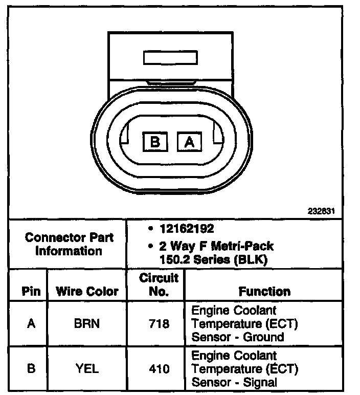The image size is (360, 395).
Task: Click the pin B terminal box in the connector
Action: [155, 142]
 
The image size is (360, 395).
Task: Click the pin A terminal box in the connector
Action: [189, 142]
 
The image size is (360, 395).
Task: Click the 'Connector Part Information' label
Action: [69, 244]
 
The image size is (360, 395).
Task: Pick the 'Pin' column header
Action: [31, 291]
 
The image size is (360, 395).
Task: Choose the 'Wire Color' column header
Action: [87, 291]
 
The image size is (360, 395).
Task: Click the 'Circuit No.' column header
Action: [159, 284]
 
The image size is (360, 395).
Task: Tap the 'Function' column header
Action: [264, 291]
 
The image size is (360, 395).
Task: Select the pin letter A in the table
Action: [31, 323]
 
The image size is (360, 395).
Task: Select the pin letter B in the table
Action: [31, 368]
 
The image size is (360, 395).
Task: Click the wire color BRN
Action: [87, 323]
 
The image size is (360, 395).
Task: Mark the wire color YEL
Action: [87, 368]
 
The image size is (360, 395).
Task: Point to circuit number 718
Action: [159, 323]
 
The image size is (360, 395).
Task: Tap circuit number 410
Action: [159, 368]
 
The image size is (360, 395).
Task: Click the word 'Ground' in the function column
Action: [265, 337]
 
